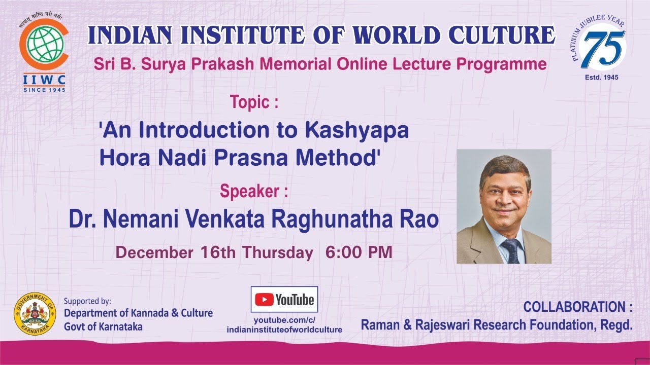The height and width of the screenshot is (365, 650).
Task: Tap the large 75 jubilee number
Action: [603, 49]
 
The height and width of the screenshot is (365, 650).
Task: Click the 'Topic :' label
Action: [254, 102]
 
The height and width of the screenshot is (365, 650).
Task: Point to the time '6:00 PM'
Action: [359, 252]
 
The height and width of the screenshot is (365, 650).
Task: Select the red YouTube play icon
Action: [264, 300]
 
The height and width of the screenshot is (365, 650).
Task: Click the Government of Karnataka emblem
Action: [35, 314]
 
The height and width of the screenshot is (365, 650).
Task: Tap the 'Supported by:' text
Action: [87, 301]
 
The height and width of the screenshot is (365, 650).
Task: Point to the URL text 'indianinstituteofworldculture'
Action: [284, 330]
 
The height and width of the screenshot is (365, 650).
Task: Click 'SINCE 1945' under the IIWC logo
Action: [44, 90]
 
